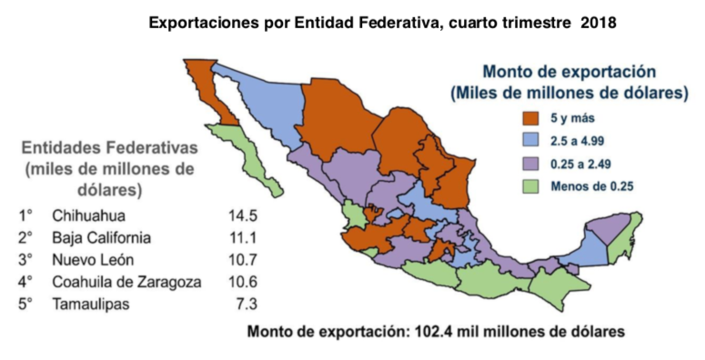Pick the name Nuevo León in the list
click(x=95, y=260)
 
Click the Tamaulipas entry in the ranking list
click(x=91, y=304)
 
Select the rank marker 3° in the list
click(x=25, y=260)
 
